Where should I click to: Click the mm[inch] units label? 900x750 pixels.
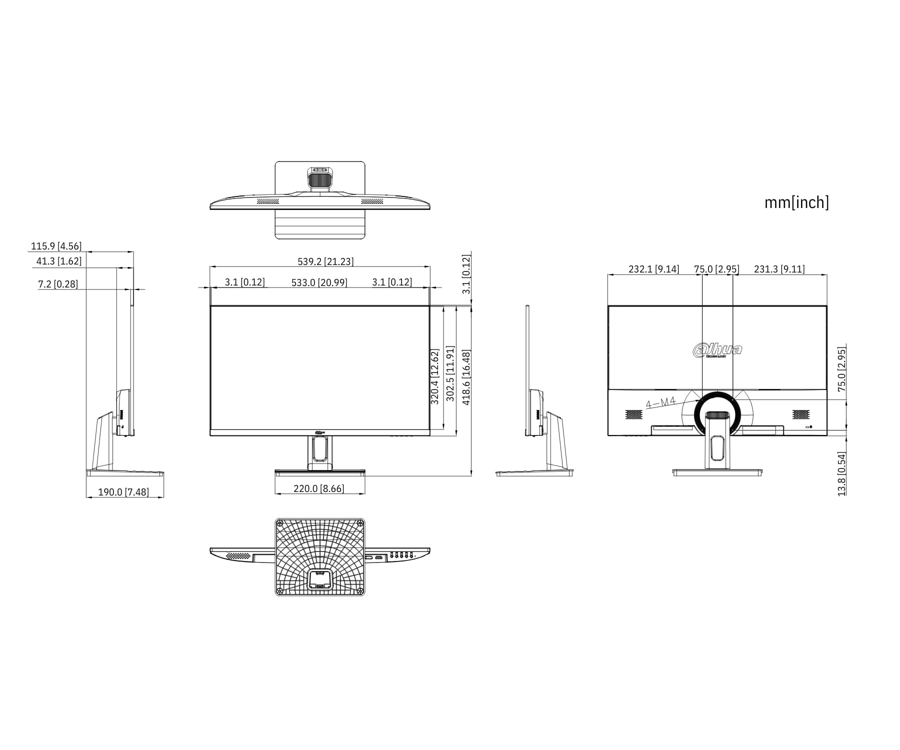796,202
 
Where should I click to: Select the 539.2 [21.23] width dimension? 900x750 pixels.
325,261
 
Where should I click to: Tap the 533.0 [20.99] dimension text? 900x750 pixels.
319,282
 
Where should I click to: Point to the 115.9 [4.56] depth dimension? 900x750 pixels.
56,246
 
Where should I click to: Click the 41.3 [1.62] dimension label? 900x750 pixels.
58,261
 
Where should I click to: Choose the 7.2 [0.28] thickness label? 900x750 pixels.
58,284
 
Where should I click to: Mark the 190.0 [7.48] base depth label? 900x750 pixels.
123,492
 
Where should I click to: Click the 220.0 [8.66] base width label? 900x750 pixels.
319,488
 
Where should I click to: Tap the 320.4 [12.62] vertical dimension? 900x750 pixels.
434,377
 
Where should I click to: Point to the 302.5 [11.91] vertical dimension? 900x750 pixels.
450,373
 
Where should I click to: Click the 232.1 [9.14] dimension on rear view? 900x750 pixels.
653,269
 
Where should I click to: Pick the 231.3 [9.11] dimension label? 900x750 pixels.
779,269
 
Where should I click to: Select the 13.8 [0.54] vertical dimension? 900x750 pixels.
842,474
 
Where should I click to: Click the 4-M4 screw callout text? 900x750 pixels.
661,402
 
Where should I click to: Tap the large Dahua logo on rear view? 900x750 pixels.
717,350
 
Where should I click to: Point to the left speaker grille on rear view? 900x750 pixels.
633,414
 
